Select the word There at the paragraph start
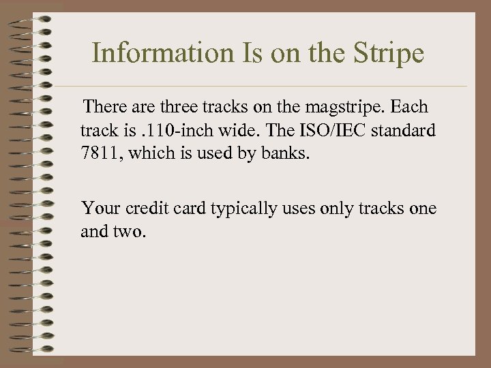(x=102, y=107)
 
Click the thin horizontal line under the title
(x=273, y=86)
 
